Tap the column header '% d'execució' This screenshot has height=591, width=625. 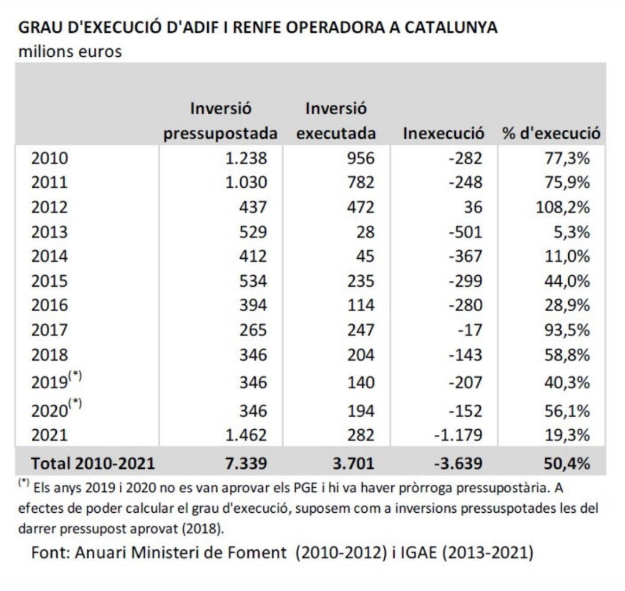pos(551,134)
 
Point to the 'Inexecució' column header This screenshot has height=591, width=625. pos(443,134)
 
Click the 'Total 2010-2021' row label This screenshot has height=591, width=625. pos(93,463)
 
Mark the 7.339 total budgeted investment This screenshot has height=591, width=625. pos(247,463)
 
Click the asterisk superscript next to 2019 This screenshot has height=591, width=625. pos(75,376)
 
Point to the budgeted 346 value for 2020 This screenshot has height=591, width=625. pos(252,411)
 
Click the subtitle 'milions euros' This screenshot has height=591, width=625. pos(70,52)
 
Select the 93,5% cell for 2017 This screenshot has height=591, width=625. pos(567,330)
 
